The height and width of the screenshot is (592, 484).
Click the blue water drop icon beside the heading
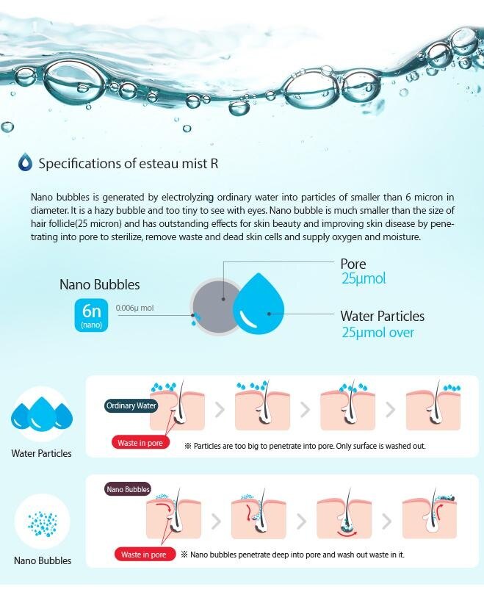[x=25, y=162]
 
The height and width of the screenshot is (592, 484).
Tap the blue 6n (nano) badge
[x=91, y=315]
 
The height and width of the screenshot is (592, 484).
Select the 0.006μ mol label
[x=135, y=308]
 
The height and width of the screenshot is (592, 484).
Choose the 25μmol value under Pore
[x=364, y=278]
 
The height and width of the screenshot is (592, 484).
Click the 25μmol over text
[x=378, y=332]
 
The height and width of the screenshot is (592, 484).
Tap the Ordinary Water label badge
[x=131, y=405]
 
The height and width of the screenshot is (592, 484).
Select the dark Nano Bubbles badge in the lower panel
[x=128, y=489]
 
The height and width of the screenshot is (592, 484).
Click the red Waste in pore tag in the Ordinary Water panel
[x=140, y=443]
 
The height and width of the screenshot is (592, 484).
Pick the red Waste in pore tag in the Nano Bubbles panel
[x=143, y=555]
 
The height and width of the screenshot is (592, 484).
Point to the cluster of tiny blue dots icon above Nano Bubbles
[x=43, y=523]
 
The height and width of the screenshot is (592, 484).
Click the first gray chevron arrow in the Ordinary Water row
[x=220, y=410]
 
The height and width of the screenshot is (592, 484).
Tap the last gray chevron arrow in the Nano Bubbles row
[x=386, y=521]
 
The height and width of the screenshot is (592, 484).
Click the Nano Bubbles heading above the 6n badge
[x=100, y=284]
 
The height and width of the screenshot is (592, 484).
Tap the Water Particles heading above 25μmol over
[x=383, y=316]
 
